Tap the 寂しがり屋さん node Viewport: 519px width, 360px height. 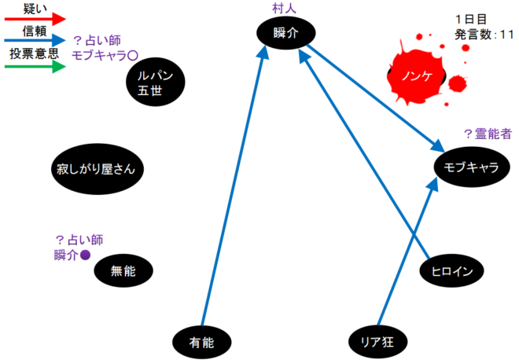[101, 169]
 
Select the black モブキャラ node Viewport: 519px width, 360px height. [471, 167]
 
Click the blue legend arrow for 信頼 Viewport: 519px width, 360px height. [35, 42]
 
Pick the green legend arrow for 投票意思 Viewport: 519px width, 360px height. [35, 66]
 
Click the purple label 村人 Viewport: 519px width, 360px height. [283, 9]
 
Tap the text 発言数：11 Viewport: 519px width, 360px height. [484, 34]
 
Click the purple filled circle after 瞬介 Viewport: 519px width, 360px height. [86, 255]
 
